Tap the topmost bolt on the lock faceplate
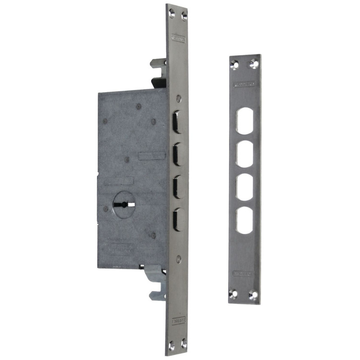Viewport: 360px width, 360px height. pos(177,122)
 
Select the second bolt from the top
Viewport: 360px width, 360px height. pos(177,154)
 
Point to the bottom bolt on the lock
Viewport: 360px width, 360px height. pos(177,219)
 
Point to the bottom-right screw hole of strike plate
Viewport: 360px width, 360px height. pos(253,295)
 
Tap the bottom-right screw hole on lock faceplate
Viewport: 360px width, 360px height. pos(184,346)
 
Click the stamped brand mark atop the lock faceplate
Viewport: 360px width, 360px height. pos(178,39)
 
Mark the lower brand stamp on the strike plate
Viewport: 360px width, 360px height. pos(243,273)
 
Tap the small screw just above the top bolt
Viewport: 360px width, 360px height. pos(179,98)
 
